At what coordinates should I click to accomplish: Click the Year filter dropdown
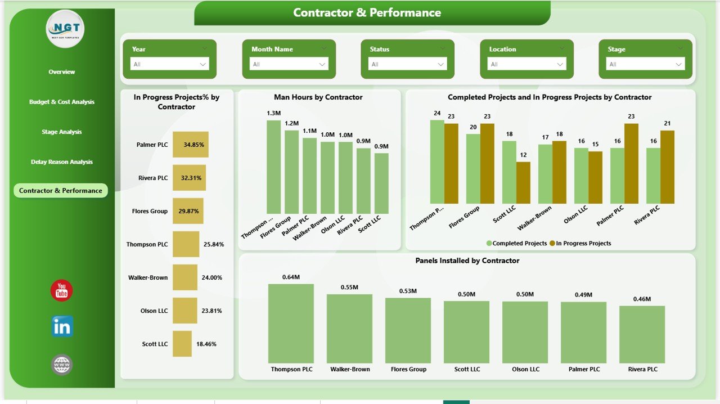coord(169,64)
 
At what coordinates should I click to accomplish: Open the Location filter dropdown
coord(526,64)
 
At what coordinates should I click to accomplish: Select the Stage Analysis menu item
coord(61,132)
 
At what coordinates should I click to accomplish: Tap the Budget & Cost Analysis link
coord(61,102)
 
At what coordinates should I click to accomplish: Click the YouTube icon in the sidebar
coord(61,290)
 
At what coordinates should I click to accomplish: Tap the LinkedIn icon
coord(62,326)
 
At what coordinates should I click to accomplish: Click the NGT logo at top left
coord(65,29)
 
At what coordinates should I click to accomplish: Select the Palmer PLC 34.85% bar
coord(190,145)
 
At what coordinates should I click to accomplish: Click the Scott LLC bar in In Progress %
coord(182,343)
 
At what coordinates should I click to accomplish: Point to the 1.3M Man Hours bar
coord(273,166)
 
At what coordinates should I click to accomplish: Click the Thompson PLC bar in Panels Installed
coord(291,323)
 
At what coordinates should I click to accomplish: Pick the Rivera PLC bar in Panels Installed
coord(642,334)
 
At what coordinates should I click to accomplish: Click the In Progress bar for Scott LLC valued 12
coord(523,182)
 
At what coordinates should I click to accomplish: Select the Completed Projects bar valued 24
coord(436,161)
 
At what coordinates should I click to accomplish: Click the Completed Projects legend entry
coord(517,243)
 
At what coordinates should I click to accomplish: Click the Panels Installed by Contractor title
coord(467,261)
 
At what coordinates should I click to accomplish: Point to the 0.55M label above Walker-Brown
coord(349,287)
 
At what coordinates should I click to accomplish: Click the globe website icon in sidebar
coord(62,365)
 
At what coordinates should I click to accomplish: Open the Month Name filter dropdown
coord(289,64)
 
